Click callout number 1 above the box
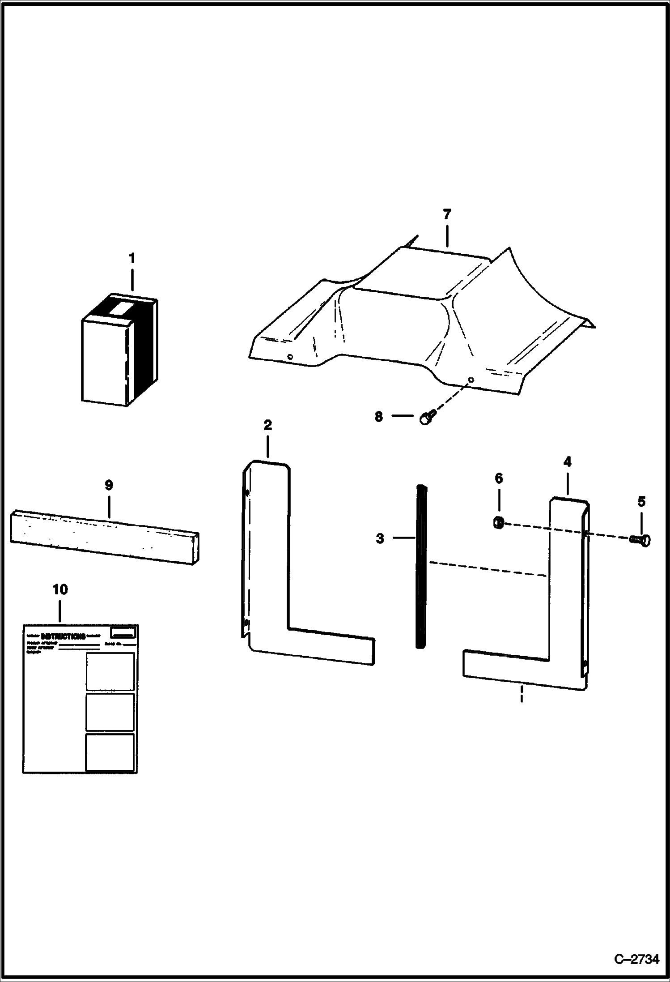131,259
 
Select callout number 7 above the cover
447,214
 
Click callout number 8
379,417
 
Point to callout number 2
267,425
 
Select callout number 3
380,538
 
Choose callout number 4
567,461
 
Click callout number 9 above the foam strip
109,485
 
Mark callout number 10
60,589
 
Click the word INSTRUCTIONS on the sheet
63,636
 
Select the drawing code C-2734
637,959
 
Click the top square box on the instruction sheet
110,671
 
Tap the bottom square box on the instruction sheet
110,752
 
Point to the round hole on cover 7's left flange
290,357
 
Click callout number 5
641,502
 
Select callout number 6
499,478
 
